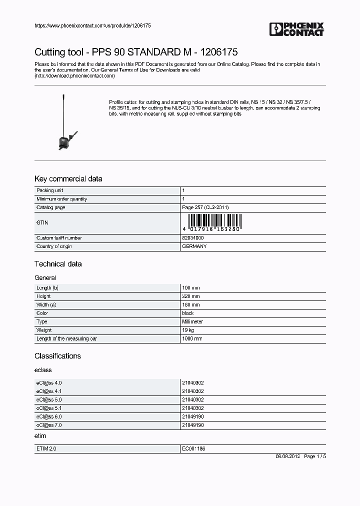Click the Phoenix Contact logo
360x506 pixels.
coord(296,29)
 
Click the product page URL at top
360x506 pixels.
coord(92,25)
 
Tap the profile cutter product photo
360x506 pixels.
coord(64,123)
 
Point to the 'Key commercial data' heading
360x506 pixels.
coord(68,179)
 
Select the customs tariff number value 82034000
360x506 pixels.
coord(192,238)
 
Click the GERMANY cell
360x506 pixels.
coord(194,246)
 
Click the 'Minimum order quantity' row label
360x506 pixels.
coord(61,199)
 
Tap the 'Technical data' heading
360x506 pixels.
coord(58,264)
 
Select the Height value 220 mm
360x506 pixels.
coord(190,296)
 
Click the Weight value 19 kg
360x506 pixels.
coord(188,330)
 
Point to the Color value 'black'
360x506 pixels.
coord(188,313)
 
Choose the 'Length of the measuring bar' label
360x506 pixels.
coord(66,339)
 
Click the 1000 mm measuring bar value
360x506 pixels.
coord(192,339)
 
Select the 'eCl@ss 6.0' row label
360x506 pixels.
coord(49,416)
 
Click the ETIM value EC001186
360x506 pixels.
coord(193,449)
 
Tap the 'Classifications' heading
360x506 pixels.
coord(57,356)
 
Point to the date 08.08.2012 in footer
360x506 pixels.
coord(287,457)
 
